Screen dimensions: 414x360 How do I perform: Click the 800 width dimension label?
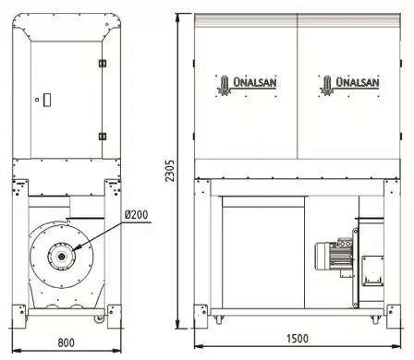click(x=67, y=342)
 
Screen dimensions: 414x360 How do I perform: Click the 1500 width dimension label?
click(x=298, y=339)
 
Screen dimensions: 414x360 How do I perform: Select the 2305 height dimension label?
click(x=169, y=171)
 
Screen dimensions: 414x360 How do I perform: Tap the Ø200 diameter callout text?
click(x=137, y=215)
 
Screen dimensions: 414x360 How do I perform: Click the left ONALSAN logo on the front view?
click(x=247, y=85)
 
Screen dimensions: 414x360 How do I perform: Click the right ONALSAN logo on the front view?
click(x=349, y=85)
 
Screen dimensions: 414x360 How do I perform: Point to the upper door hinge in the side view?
click(x=103, y=64)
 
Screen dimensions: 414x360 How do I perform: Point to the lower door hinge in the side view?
click(x=103, y=136)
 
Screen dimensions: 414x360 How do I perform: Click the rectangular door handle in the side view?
click(x=47, y=100)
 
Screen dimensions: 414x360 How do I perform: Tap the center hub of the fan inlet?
click(x=62, y=256)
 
